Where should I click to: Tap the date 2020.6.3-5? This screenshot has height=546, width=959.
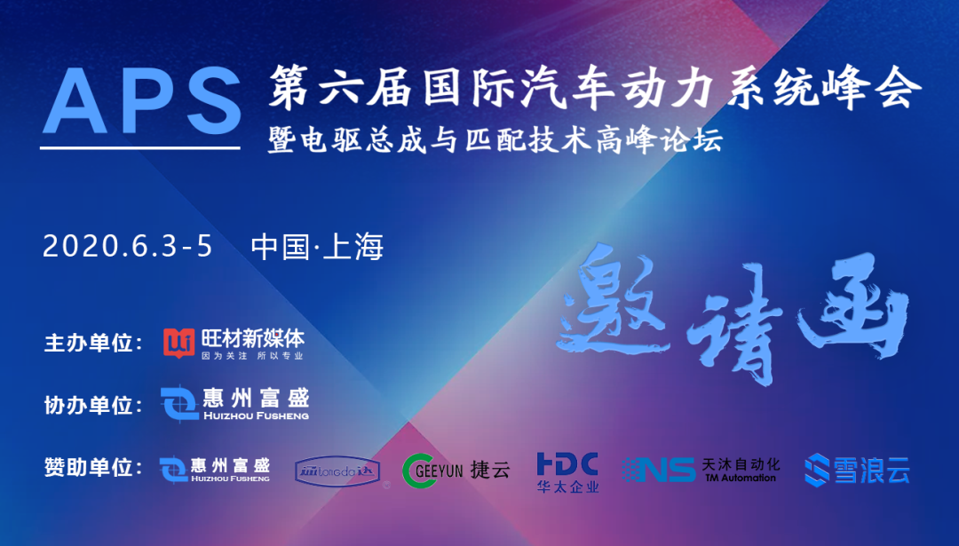click(x=128, y=246)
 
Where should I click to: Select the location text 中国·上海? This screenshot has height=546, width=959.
click(x=317, y=246)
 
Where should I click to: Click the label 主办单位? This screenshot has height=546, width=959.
click(x=93, y=343)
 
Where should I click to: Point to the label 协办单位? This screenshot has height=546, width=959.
click(x=93, y=405)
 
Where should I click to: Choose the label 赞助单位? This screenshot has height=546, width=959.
click(x=93, y=467)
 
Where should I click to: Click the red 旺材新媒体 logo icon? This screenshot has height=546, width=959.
click(x=178, y=342)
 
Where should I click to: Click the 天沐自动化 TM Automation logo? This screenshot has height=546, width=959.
click(x=701, y=470)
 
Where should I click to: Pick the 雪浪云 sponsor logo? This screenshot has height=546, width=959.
click(x=857, y=469)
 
